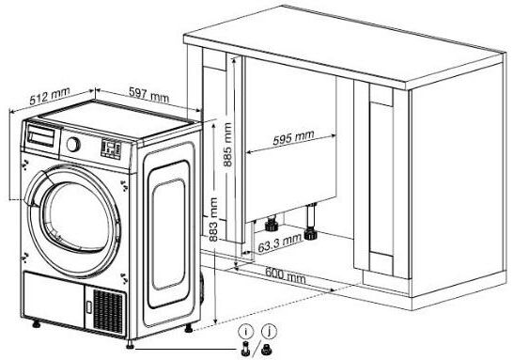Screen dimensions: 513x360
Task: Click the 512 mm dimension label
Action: click(50, 96)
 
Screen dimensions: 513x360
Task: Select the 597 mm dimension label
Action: click(148, 95)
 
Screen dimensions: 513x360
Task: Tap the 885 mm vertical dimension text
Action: click(227, 145)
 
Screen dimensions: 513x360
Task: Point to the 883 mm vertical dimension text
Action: click(213, 219)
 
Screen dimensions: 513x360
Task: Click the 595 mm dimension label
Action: click(293, 137)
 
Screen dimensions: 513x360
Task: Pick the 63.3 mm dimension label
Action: click(280, 243)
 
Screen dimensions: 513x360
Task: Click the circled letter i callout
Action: click(246, 332)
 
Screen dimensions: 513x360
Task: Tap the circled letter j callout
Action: click(269, 332)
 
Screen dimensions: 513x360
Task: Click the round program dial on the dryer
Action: click(73, 144)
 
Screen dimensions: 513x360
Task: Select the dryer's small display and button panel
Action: click(111, 149)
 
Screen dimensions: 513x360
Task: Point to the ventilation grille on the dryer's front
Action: click(108, 310)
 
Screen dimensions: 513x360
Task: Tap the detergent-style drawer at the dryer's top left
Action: click(41, 135)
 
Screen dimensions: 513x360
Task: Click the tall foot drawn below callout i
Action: click(245, 349)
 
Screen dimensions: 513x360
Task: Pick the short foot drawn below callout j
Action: click(266, 350)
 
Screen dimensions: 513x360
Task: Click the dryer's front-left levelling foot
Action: click(36, 323)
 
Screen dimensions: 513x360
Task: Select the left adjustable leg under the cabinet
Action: click(271, 224)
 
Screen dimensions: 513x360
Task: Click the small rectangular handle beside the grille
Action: click(89, 306)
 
